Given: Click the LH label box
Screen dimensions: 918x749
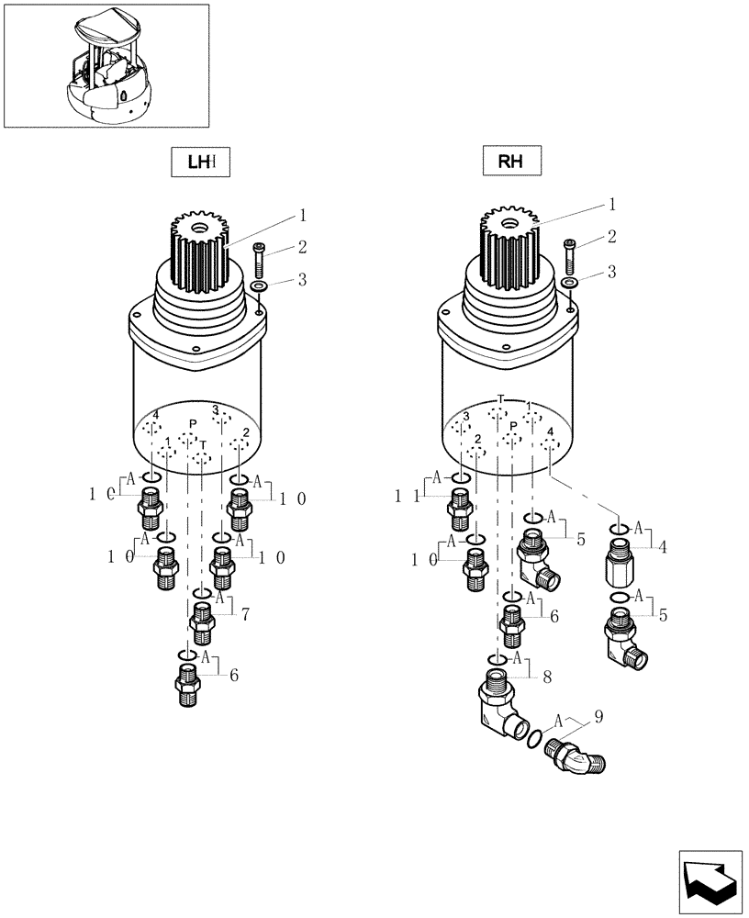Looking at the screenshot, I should (199, 162).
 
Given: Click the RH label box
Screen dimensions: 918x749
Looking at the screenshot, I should (510, 162).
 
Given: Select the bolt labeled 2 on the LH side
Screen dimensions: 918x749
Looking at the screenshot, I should (259, 260).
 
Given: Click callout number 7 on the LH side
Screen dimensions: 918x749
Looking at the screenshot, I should (246, 614).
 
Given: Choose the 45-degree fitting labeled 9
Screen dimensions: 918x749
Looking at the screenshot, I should (575, 756).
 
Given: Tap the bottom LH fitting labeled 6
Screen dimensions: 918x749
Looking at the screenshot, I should (187, 686).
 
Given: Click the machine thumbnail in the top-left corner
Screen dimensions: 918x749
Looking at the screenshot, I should (106, 65).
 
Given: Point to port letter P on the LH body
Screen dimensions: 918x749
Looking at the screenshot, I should (192, 423).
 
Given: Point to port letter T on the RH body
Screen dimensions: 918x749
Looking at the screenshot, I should (500, 399).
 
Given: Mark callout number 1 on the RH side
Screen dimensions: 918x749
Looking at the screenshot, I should (611, 204).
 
